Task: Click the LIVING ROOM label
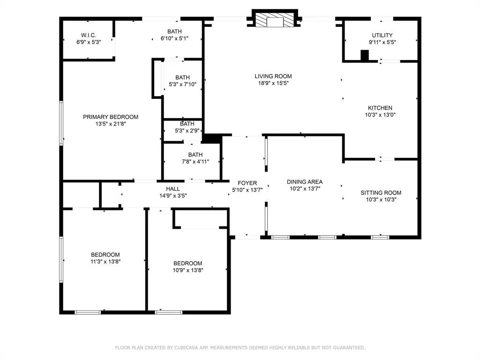273,76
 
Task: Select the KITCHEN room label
380,108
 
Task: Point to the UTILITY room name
382,35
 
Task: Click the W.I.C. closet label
89,35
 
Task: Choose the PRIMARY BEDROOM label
111,117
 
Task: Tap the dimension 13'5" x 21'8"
111,124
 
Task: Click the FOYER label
247,183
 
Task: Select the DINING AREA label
305,182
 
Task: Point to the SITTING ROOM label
381,193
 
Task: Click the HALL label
173,189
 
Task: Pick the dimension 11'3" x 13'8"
105,262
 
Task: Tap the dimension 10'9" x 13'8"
187,270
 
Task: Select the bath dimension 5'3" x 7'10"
182,84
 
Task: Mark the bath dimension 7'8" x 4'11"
195,161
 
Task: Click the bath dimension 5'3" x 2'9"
187,130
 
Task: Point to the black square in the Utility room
365,55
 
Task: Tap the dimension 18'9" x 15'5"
273,83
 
